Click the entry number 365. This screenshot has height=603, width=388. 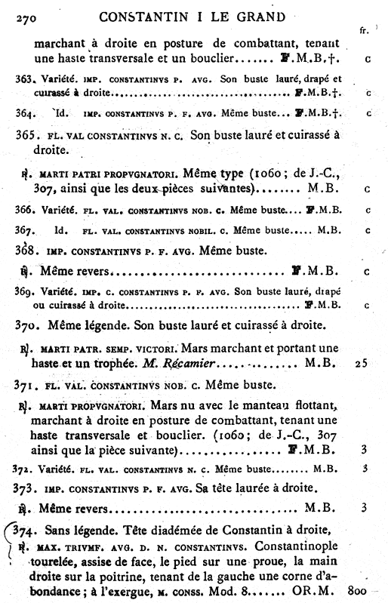pos(26,135)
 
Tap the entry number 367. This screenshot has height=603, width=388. pos(24,229)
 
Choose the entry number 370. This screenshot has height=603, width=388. pos(27,325)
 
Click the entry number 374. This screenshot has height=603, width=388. pos(27,529)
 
